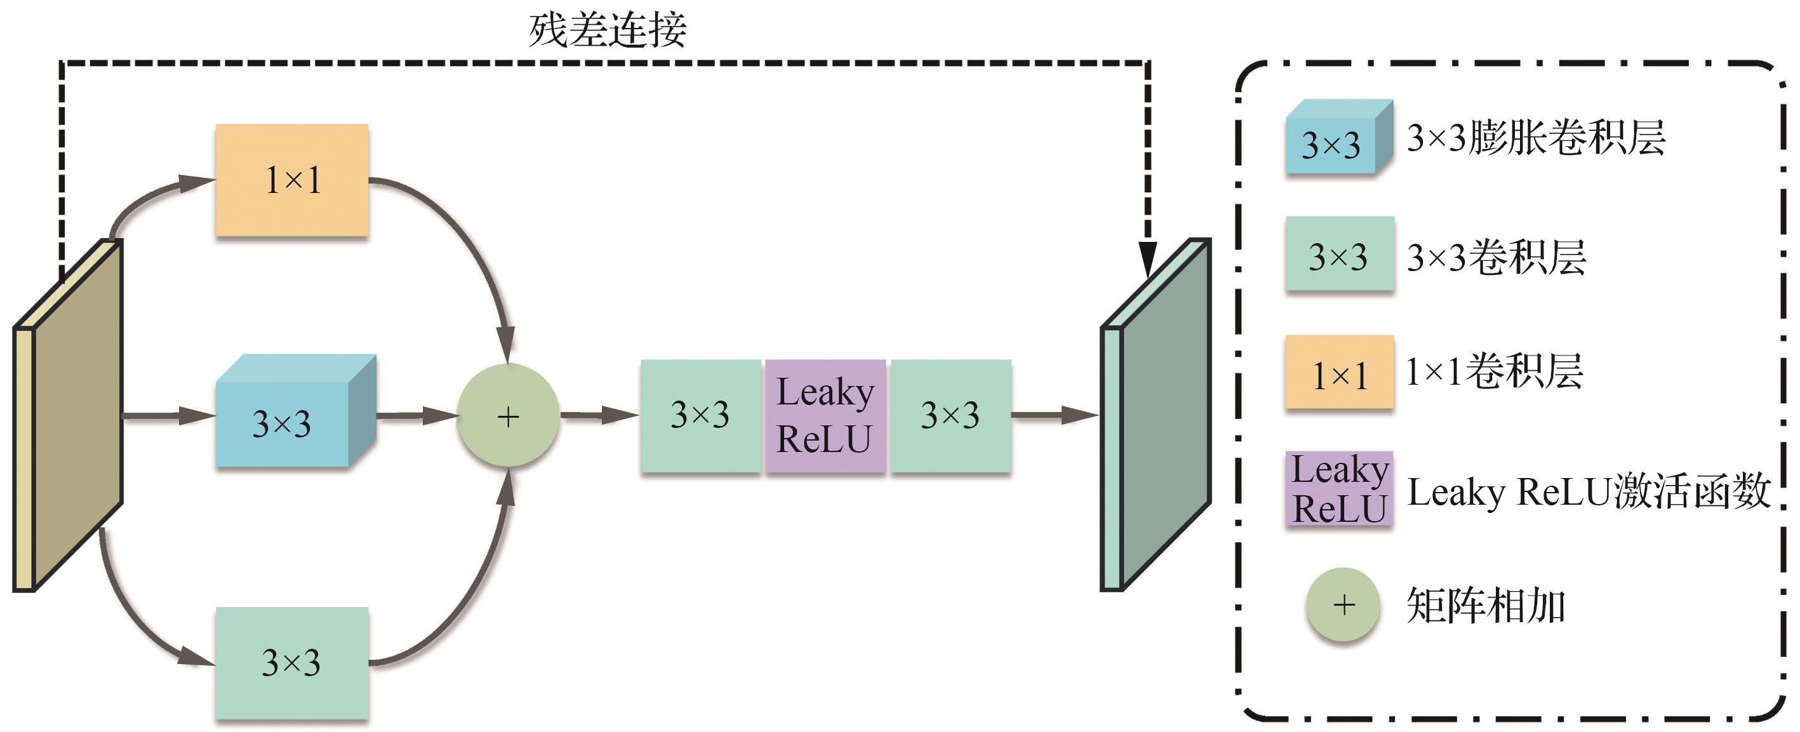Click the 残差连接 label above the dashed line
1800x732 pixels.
click(607, 30)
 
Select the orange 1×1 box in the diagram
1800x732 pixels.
click(292, 180)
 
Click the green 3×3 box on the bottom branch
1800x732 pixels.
click(292, 662)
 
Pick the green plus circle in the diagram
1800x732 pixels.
click(508, 416)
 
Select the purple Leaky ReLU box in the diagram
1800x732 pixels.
click(825, 416)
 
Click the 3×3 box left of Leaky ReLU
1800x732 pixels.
click(700, 416)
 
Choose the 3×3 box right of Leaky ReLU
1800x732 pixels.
click(950, 416)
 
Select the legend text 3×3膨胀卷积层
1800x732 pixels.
click(1536, 138)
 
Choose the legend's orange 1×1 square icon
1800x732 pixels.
click(1340, 372)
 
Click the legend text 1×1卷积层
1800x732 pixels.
click(1494, 371)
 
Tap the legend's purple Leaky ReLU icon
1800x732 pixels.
click(1340, 489)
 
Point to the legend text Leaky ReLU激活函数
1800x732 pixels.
click(1587, 491)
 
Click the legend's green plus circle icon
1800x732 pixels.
click(1343, 605)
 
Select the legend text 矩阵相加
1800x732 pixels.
click(1485, 606)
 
